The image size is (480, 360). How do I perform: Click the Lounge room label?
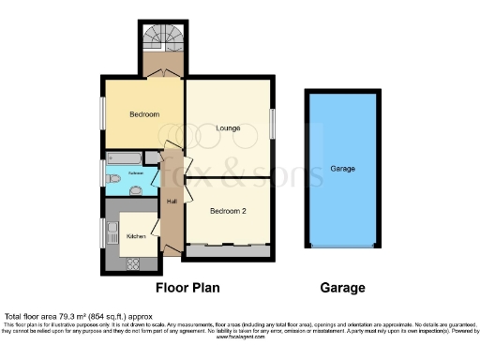228,127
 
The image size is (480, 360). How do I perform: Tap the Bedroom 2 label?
228,211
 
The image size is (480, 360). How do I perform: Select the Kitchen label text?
136,237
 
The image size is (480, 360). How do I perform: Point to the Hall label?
172,202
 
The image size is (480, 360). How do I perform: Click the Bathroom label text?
136,174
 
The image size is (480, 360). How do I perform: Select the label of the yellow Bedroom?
143,114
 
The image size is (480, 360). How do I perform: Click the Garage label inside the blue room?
342,169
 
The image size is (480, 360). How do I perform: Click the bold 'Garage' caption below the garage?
342,288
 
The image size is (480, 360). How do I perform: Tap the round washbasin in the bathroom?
136,190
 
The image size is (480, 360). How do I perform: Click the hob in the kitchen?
134,263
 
